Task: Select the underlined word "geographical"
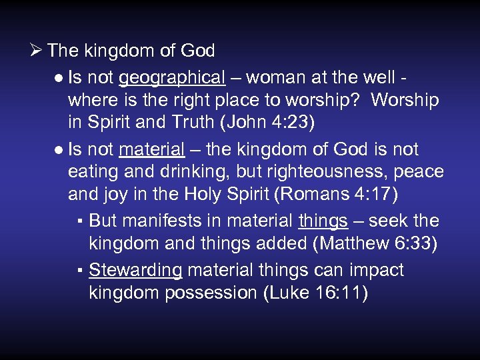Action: click(171, 78)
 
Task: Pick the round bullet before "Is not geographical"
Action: click(59, 79)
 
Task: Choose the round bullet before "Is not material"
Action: click(59, 149)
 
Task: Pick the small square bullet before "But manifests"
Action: click(79, 221)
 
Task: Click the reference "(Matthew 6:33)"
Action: click(375, 243)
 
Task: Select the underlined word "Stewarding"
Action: click(135, 270)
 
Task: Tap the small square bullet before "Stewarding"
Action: click(79, 271)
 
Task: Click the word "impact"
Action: click(374, 270)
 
